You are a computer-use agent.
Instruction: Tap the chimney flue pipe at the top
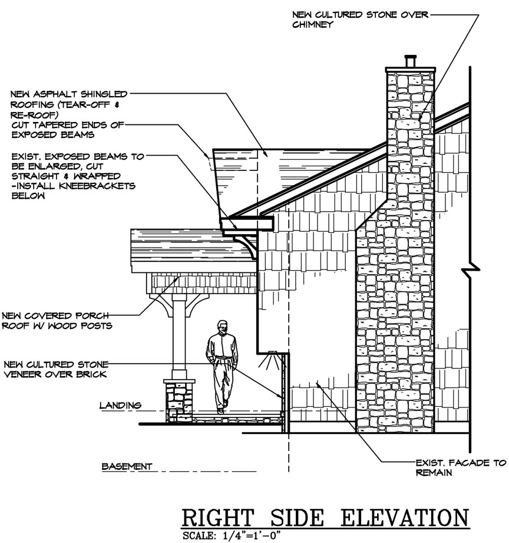411,61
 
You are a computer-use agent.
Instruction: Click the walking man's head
223,327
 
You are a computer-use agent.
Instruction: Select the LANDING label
120,405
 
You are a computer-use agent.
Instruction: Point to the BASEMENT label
127,466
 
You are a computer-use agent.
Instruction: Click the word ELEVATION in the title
405,518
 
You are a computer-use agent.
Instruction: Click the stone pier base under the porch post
179,401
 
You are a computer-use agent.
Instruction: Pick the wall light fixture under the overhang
271,360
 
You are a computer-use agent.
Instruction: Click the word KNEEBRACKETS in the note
97,186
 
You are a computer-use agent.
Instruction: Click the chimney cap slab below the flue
411,70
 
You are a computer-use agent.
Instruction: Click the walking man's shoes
222,407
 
